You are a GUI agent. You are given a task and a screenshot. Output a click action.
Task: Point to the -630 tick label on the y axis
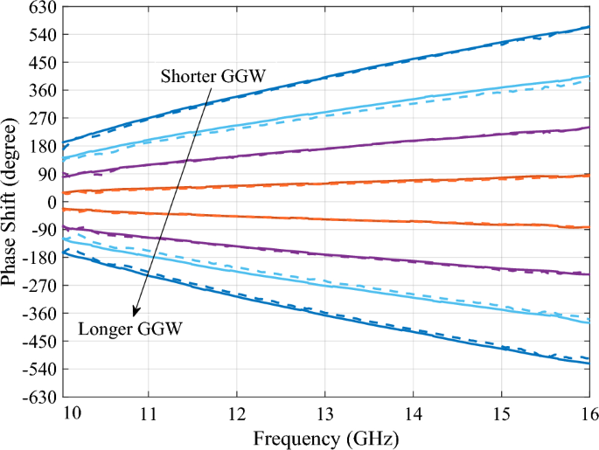point(38,397)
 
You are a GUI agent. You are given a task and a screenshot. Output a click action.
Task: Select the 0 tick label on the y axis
point(50,202)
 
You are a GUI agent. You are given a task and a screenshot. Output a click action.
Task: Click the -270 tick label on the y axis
point(38,286)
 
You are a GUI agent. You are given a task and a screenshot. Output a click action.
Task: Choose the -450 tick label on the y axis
point(38,341)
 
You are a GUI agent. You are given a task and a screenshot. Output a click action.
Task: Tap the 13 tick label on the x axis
point(324,412)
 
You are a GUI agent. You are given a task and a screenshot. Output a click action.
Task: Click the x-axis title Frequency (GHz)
point(324,434)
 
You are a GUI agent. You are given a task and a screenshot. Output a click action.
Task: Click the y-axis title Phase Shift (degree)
point(12,202)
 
